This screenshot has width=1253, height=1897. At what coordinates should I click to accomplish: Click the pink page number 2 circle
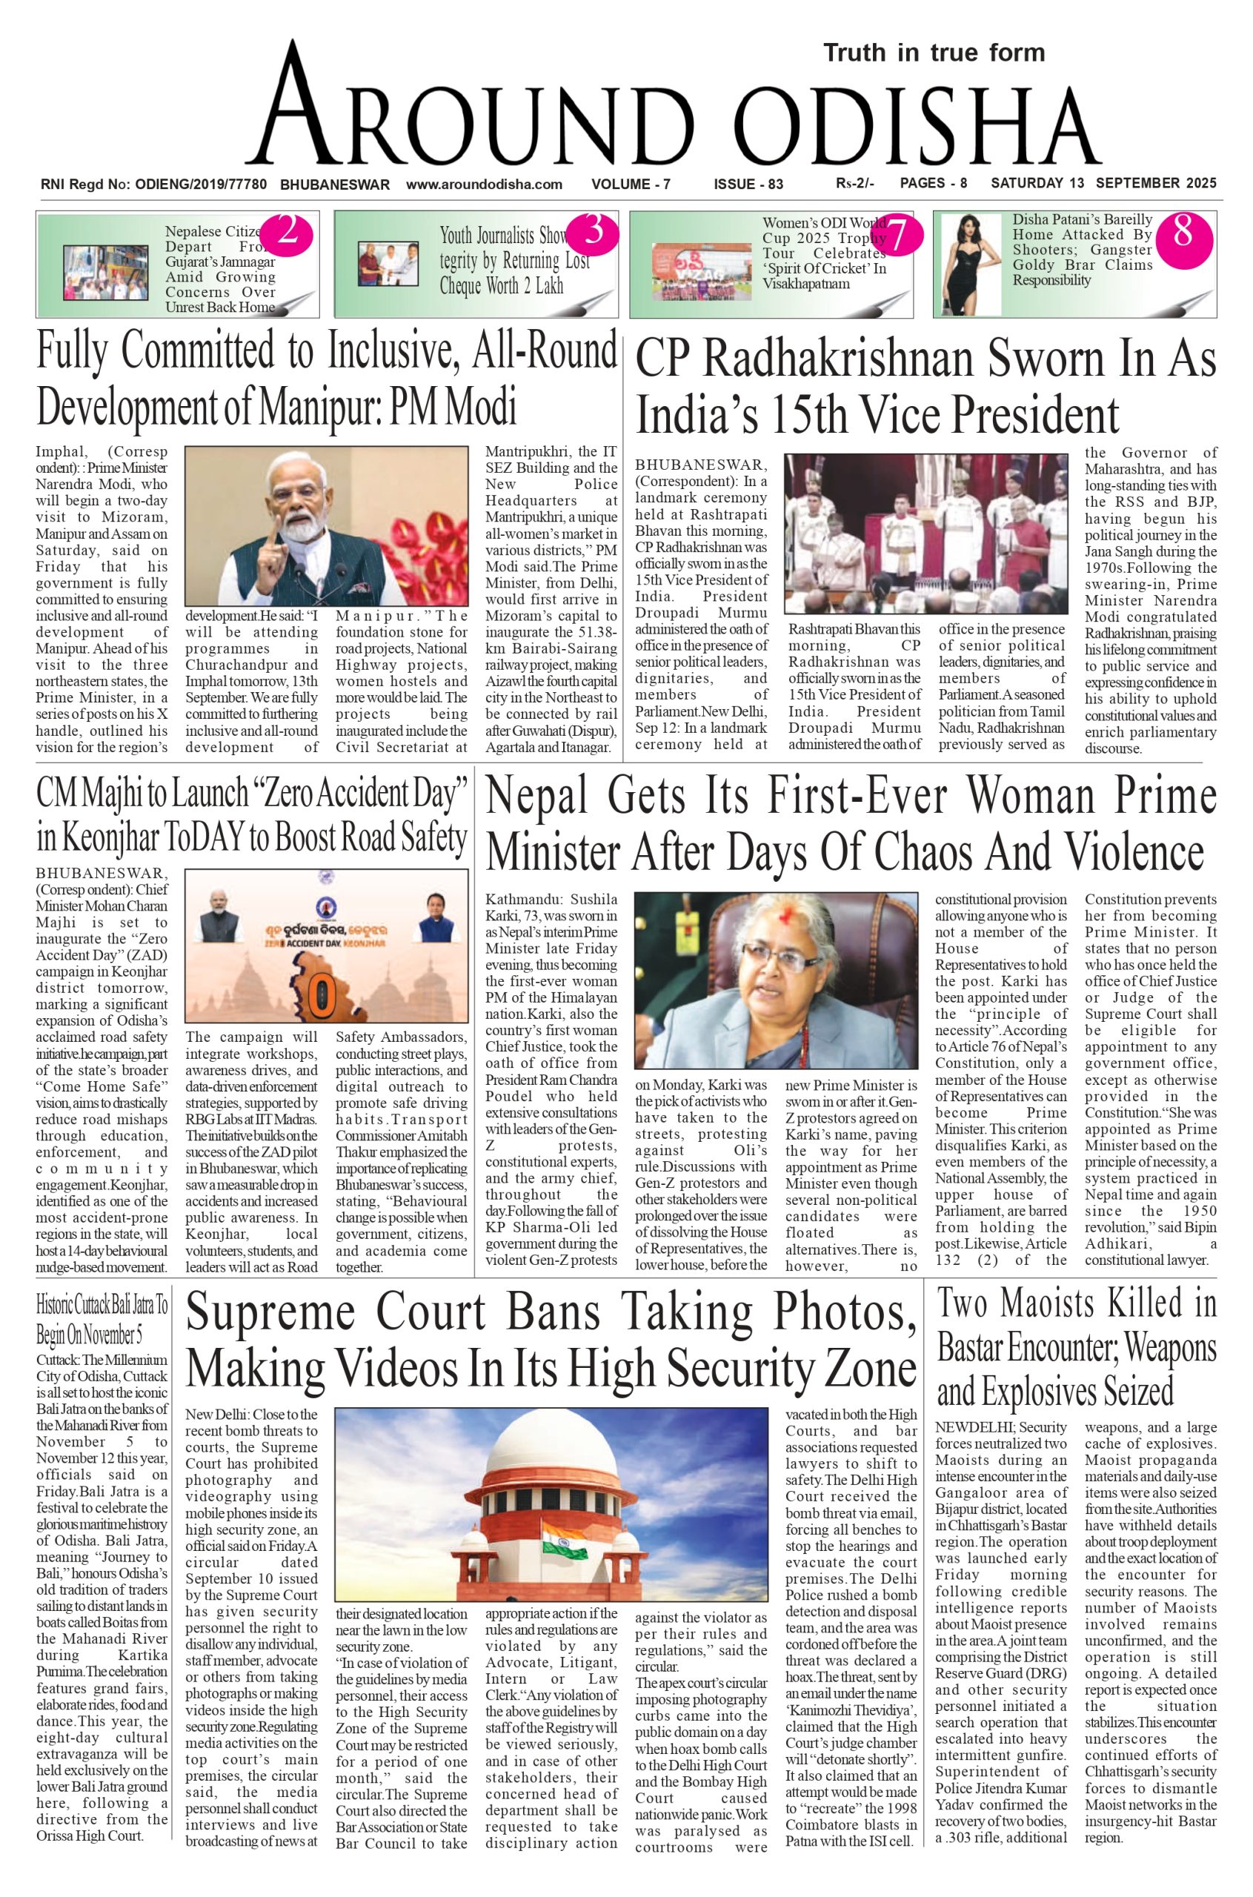tap(286, 233)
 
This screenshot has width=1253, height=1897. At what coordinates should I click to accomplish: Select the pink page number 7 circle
tap(897, 235)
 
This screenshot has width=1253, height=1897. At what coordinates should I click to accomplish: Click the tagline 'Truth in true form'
tap(934, 53)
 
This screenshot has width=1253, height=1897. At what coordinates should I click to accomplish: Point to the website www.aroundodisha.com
tap(485, 185)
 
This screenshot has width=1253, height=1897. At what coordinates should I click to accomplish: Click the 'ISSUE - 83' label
tap(748, 185)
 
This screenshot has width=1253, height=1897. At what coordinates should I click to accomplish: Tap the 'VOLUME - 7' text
tap(631, 185)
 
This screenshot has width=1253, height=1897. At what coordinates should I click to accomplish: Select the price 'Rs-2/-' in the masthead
tap(855, 184)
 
